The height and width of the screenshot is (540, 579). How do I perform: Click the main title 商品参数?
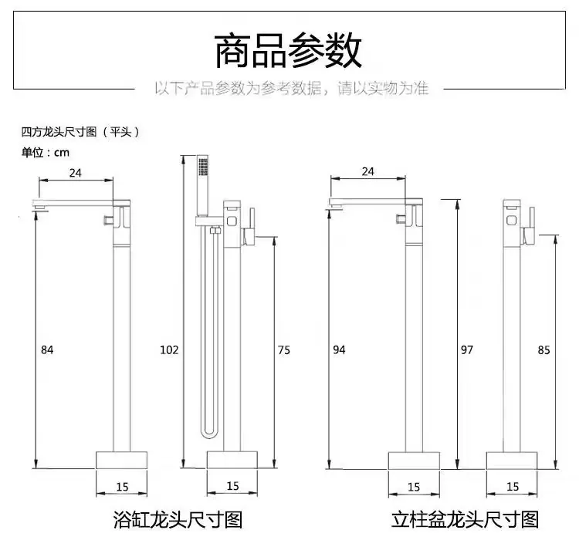pos(288,51)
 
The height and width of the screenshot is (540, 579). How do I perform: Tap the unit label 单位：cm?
pos(46,153)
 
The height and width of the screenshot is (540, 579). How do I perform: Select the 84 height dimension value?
pos(47,349)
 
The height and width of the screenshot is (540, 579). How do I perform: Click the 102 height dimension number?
pos(169,349)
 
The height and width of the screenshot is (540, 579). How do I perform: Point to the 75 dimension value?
pos(284,350)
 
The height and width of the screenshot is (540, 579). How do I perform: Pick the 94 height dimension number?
pos(339,349)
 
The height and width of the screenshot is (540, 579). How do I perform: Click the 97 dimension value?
pos(467,349)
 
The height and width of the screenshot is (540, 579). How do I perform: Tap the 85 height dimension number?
pos(544,350)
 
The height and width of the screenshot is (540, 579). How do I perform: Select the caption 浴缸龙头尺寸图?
pos(178,520)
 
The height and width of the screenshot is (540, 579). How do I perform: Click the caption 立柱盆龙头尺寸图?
pos(465,520)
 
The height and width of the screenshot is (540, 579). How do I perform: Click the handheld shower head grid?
pos(203,167)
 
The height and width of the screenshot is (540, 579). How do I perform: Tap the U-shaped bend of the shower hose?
pos(208,433)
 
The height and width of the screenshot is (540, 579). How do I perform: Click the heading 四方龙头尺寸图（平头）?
pos(80,132)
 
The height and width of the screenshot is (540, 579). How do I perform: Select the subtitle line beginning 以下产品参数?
pos(291,89)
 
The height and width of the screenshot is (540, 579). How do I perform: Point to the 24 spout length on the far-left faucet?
pos(76,173)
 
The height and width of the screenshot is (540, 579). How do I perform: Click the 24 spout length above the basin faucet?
pos(367,171)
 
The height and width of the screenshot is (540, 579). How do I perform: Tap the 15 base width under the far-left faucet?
pos(122,487)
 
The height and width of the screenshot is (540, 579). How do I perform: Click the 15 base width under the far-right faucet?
pos(513,487)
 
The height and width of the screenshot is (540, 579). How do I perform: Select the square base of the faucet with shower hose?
pos(232,460)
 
